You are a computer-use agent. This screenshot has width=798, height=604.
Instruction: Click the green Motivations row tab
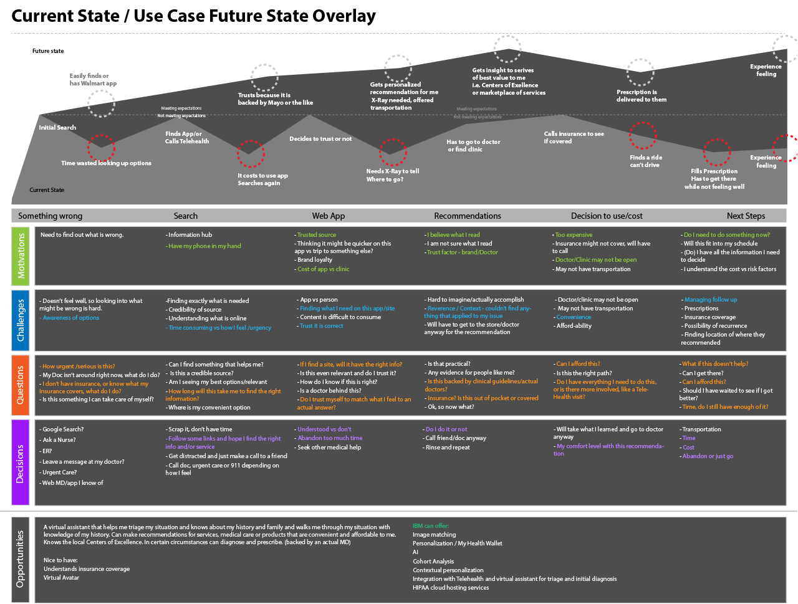(21, 256)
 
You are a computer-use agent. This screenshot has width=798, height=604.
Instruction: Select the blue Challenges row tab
(21, 320)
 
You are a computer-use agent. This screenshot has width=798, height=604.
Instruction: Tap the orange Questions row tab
(21, 385)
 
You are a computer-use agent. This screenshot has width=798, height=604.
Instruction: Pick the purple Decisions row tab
(21, 463)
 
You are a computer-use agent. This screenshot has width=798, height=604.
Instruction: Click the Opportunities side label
(21, 558)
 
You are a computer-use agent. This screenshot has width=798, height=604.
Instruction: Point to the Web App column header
(329, 216)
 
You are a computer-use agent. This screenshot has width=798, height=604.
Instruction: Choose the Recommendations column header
(468, 216)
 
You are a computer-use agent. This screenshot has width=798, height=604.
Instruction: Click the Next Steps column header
(746, 216)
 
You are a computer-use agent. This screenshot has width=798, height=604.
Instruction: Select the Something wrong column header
(50, 216)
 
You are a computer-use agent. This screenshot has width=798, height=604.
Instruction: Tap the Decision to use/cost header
(607, 216)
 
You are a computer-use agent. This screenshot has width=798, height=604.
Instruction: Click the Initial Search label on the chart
(57, 128)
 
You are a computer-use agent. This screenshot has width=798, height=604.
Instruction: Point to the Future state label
(48, 51)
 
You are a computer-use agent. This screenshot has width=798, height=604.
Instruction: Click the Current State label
(47, 190)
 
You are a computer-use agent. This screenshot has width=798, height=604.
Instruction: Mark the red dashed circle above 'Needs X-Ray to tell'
(393, 152)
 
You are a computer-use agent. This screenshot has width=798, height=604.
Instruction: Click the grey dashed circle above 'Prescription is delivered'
(640, 72)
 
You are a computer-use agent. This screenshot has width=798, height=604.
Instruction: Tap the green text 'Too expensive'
(574, 235)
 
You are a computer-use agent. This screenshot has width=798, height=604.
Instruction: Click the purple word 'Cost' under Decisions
(688, 448)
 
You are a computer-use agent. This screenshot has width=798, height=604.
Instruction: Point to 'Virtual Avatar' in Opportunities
(61, 578)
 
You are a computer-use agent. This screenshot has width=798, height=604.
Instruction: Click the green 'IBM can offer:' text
(431, 526)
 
